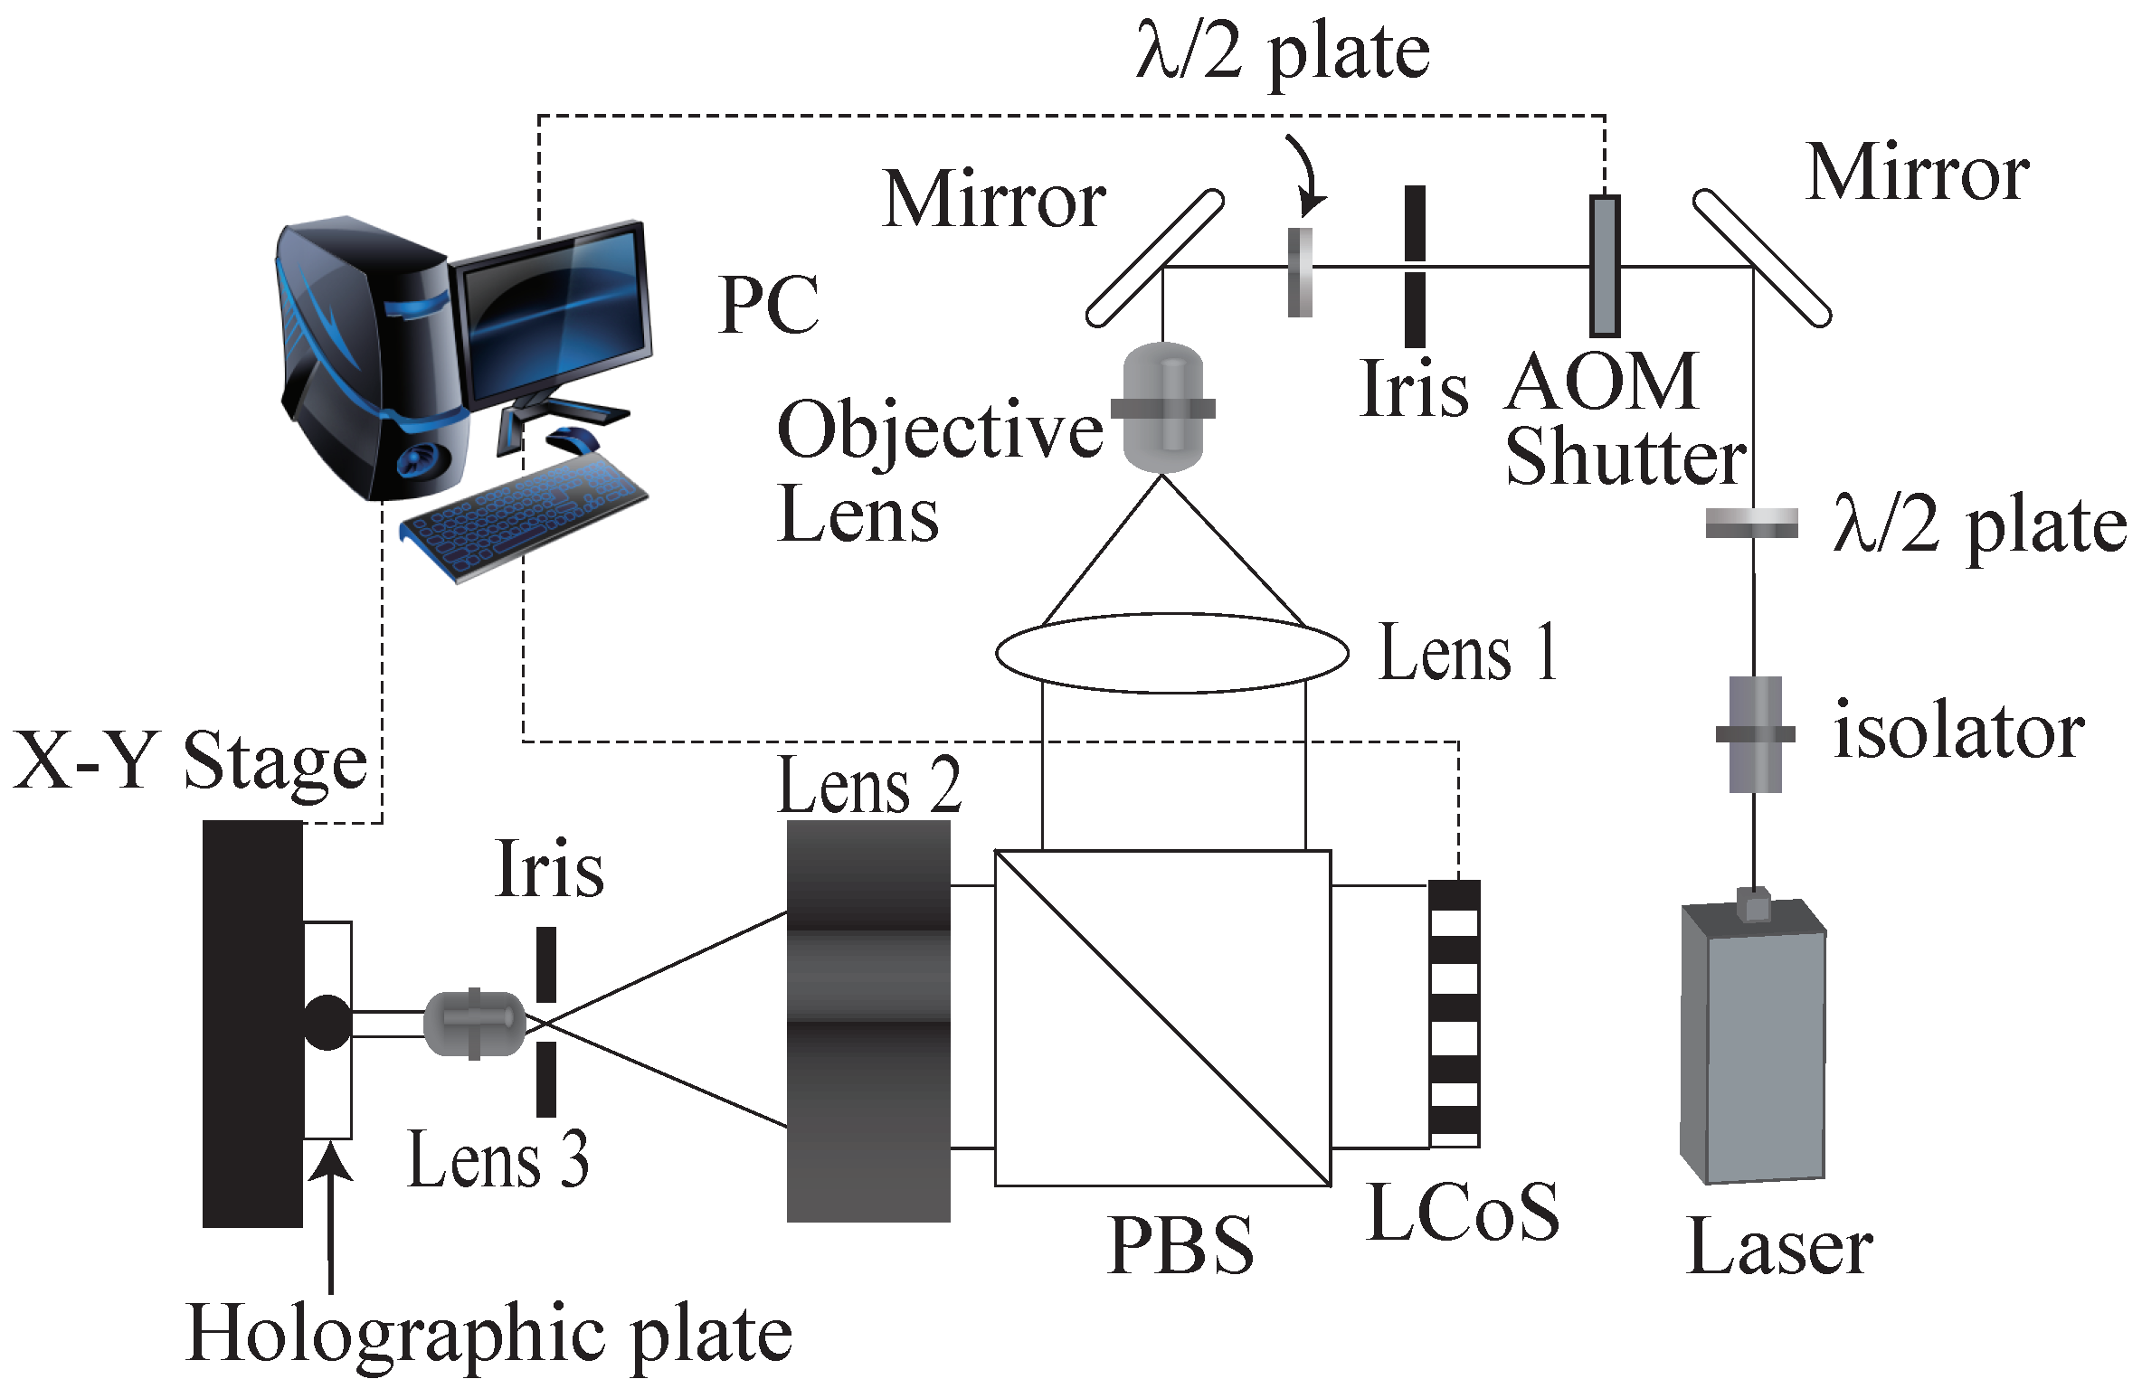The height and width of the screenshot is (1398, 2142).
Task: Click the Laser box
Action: click(x=1752, y=1049)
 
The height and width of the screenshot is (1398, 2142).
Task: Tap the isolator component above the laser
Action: click(x=1755, y=734)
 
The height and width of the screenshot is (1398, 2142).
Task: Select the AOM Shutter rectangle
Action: click(x=1605, y=266)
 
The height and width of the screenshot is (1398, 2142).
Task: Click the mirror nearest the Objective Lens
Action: click(x=1155, y=258)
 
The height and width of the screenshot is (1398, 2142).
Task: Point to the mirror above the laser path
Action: click(x=1761, y=258)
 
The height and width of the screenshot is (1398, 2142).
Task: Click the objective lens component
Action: click(x=1162, y=408)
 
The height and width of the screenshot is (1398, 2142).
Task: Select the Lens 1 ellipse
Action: click(x=1171, y=653)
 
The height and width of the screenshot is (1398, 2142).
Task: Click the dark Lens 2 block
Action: click(x=868, y=1022)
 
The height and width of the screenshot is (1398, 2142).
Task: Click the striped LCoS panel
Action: click(x=1454, y=1013)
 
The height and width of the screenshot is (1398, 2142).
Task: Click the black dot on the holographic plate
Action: click(x=327, y=1023)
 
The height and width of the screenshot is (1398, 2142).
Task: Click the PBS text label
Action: click(x=1180, y=1246)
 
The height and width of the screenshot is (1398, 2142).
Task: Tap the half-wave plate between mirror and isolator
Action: click(x=1751, y=524)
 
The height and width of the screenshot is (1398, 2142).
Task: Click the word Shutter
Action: click(x=1625, y=458)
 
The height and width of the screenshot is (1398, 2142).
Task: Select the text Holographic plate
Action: click(x=488, y=1335)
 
